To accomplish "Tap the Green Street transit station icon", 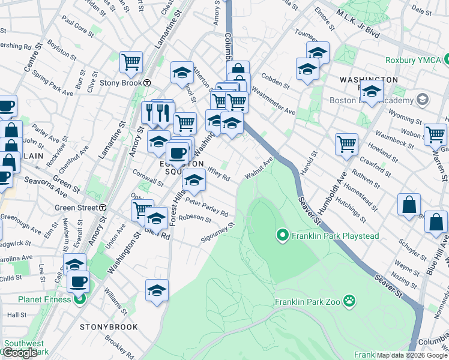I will [x=103, y=208].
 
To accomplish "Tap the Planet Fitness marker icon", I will [x=79, y=299].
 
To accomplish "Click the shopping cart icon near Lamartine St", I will [x=130, y=61].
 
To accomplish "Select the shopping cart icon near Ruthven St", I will [x=346, y=144].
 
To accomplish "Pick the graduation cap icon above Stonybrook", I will [x=156, y=291].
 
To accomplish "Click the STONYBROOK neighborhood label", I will [x=109, y=328].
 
